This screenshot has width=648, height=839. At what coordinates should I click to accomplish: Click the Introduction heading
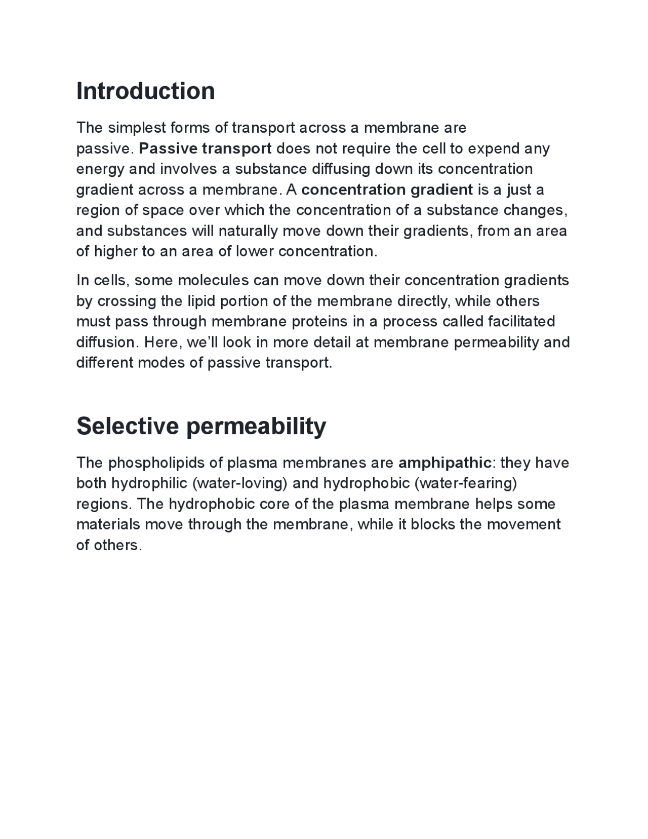(145, 91)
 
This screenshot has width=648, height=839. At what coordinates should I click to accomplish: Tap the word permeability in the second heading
(256, 427)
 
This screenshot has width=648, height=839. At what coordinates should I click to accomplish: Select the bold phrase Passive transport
(205, 149)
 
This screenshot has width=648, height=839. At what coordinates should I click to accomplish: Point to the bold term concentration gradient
(387, 190)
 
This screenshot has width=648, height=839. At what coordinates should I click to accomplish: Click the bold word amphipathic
(444, 463)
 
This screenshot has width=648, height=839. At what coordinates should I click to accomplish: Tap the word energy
(100, 170)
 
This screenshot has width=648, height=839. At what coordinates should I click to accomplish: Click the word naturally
(248, 231)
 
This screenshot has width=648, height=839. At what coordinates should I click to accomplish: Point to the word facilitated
(521, 322)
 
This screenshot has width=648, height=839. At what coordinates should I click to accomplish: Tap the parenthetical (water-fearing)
(466, 483)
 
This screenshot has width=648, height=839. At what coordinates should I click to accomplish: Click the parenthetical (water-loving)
(240, 483)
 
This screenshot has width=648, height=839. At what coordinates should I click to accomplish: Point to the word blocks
(432, 524)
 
